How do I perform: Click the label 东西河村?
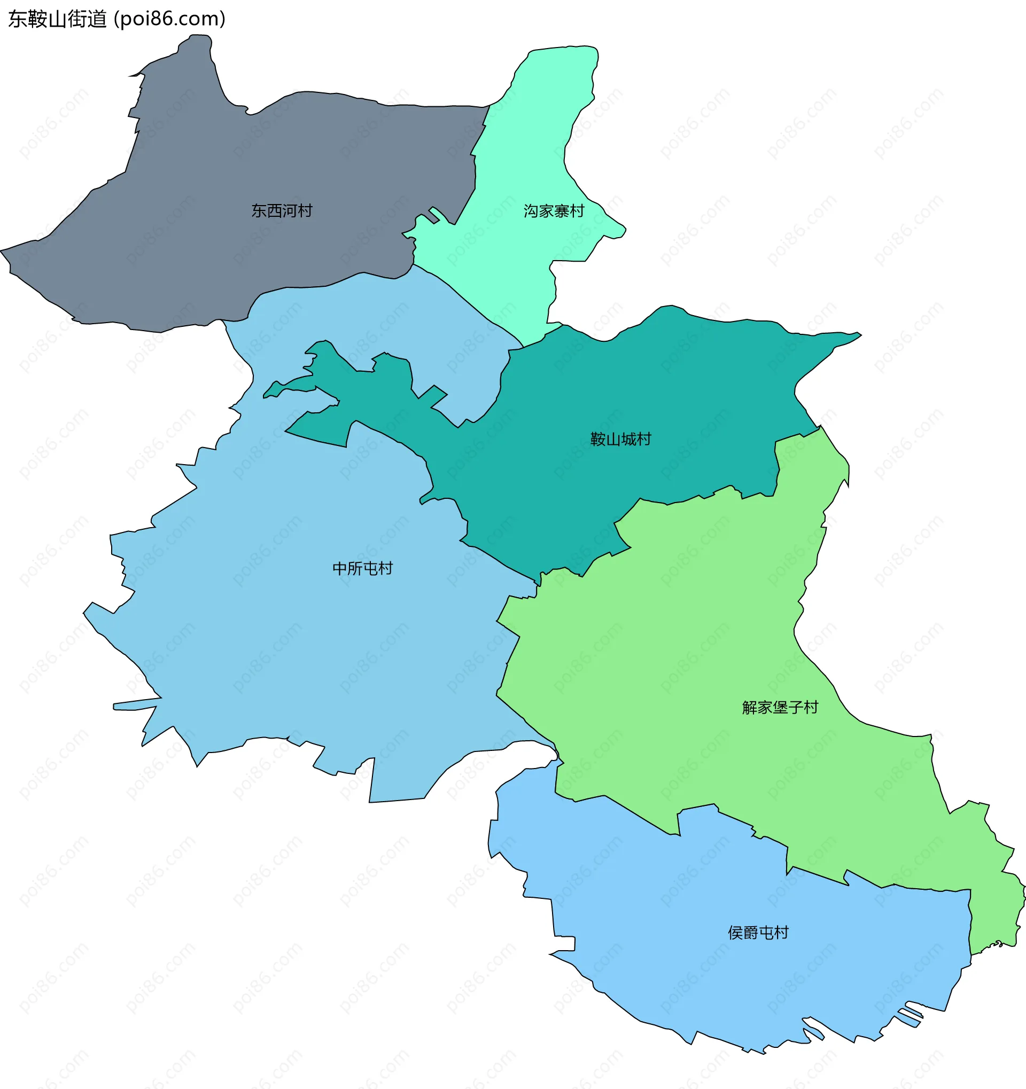tap(282, 211)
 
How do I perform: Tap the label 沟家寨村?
tap(554, 211)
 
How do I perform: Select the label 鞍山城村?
tap(620, 440)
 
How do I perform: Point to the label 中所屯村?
tap(362, 569)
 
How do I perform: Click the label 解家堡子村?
tap(780, 708)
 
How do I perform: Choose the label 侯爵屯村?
tap(758, 933)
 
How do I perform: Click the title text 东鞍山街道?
tap(58, 19)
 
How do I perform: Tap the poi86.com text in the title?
tap(169, 19)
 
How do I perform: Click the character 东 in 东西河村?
tap(259, 211)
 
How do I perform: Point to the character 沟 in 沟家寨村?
tap(531, 211)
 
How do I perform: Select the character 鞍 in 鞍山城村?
tap(597, 440)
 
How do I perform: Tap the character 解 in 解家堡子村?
tap(750, 708)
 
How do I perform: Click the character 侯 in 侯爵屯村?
tap(735, 933)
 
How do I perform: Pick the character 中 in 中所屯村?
tap(340, 569)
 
